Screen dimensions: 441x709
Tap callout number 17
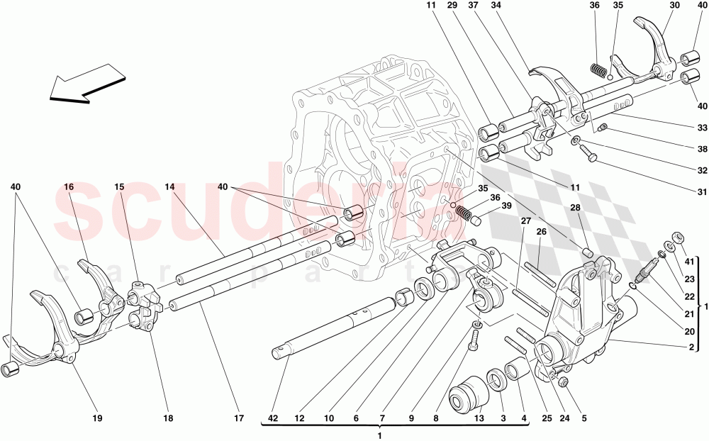point(238,419)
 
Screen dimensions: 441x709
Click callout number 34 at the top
point(496,6)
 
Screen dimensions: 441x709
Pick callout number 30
point(674,6)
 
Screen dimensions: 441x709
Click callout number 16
point(69,186)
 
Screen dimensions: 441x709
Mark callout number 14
point(169,186)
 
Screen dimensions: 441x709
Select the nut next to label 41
point(677,238)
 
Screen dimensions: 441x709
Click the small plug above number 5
point(564,384)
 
